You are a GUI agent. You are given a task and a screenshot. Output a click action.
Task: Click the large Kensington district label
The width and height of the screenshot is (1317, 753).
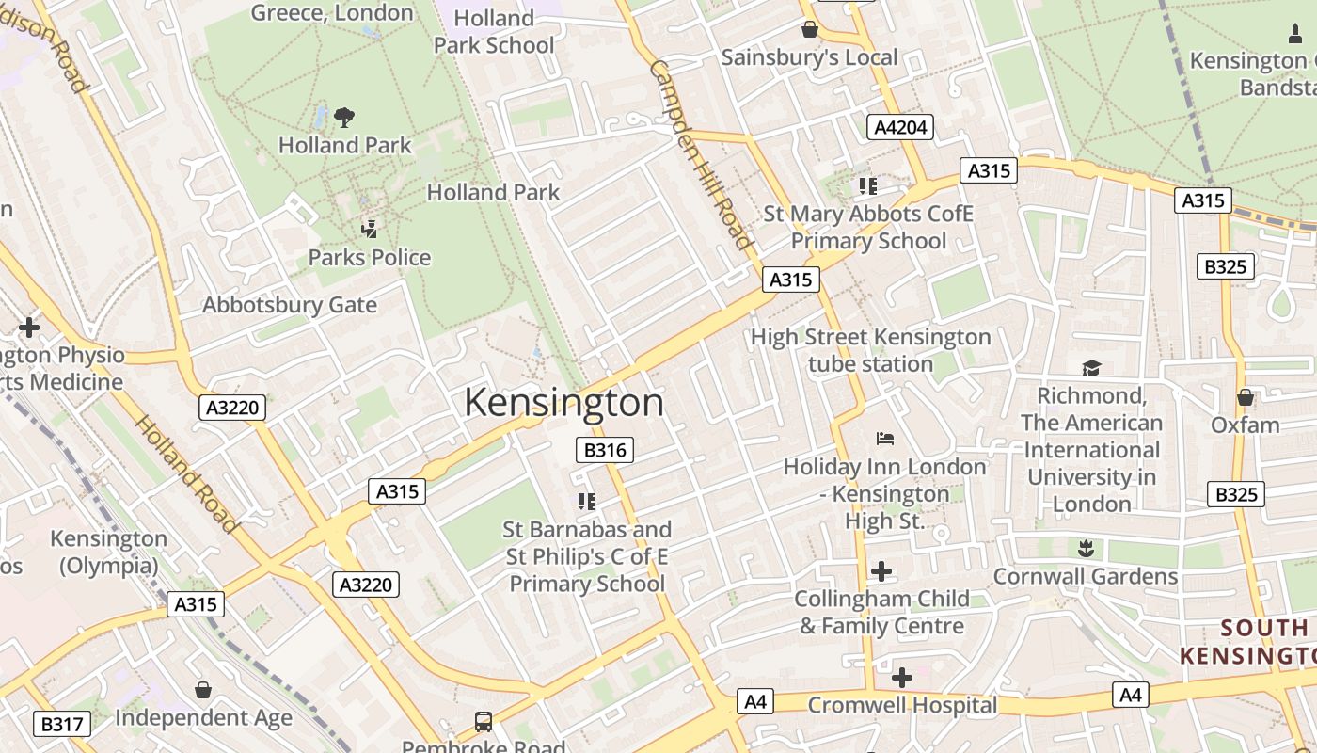pos(563,403)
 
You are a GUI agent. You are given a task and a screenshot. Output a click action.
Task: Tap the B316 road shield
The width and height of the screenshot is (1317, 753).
pos(605,450)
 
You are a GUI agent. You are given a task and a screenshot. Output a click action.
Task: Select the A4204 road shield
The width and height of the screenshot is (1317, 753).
pos(900,127)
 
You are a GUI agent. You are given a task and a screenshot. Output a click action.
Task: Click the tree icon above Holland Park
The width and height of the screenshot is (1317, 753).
pos(344,118)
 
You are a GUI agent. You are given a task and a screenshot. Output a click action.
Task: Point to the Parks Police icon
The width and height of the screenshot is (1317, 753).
pos(370,229)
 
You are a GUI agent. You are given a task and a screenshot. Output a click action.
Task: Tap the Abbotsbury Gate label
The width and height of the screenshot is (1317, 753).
pos(290,305)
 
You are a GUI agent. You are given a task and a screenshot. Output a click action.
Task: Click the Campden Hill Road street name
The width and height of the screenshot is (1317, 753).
pos(702,155)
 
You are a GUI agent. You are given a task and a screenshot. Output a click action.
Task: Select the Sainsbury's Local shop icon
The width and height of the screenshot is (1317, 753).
pos(809,30)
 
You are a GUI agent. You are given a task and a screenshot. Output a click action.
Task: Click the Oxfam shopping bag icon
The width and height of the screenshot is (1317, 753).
pos(1246,397)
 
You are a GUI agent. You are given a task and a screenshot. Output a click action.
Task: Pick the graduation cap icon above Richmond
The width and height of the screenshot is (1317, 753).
pos(1091,368)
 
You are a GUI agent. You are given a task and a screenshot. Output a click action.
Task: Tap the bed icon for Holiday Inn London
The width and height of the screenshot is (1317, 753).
pos(884,439)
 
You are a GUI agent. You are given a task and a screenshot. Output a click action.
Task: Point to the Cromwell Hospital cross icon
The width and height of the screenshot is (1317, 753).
pos(901,677)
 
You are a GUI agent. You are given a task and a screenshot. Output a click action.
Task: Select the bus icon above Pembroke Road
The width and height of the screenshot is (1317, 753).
pos(484,722)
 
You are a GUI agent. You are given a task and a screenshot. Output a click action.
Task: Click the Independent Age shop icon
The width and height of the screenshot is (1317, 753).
pos(203,691)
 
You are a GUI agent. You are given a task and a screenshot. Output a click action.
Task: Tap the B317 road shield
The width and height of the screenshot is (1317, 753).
pos(63,724)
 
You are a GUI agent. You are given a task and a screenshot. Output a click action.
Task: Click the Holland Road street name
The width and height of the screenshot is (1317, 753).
pos(185,473)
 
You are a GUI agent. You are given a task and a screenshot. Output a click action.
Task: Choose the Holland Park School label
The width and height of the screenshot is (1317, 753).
pos(493,31)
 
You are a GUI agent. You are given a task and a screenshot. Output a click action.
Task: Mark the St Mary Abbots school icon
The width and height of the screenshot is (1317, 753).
pos(867,186)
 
